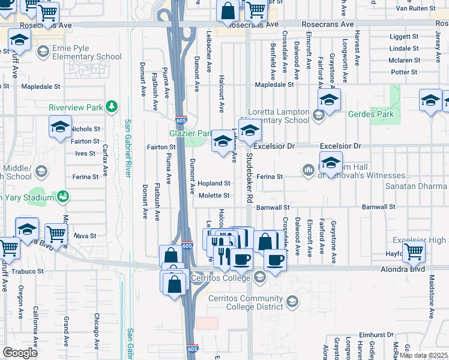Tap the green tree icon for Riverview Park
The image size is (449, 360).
(x=111, y=107)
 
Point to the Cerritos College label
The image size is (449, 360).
(x=220, y=278)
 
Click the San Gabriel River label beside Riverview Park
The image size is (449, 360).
(x=128, y=148)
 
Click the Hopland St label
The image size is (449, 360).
(x=214, y=183)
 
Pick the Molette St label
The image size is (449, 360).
(x=214, y=195)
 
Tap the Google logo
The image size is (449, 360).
(x=20, y=352)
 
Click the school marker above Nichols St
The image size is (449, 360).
(x=60, y=127)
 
